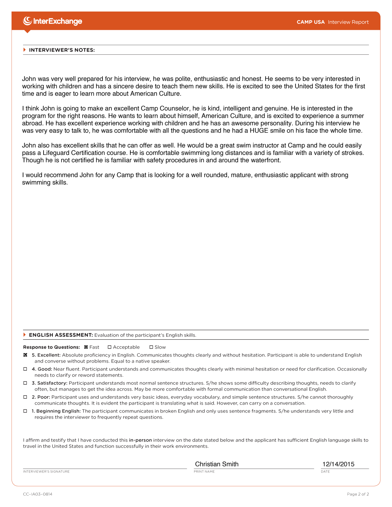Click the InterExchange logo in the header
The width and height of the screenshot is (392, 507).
pos(53,21)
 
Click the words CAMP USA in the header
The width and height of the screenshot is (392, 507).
pos(310,22)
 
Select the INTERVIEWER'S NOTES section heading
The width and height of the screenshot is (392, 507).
pos(61,50)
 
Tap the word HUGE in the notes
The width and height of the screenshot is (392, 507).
pos(259,131)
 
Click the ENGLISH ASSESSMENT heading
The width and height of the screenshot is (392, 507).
pos(61,335)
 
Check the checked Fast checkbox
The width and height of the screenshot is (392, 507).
pos(86,347)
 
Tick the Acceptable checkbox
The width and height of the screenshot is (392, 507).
pos(110,347)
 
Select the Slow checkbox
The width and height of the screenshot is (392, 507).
pos(151,347)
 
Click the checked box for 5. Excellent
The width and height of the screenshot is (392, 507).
pos(25,355)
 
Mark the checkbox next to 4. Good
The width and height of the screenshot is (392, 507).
pos(25,369)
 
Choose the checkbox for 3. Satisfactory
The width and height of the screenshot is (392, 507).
pos(25,383)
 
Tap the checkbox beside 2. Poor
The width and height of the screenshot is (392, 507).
pos(25,397)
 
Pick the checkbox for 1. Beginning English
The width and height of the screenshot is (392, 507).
pos(25,411)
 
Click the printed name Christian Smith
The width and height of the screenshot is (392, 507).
pos(216,464)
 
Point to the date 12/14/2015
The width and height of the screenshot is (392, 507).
pos(338,464)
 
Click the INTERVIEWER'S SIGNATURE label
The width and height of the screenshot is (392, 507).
pos(46,471)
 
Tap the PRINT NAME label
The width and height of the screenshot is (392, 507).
pos(204,471)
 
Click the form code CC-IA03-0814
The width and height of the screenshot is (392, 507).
pos(37,494)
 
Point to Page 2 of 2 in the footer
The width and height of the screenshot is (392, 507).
pos(358,494)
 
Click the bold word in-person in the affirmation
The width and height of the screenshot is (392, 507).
pos(140,440)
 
